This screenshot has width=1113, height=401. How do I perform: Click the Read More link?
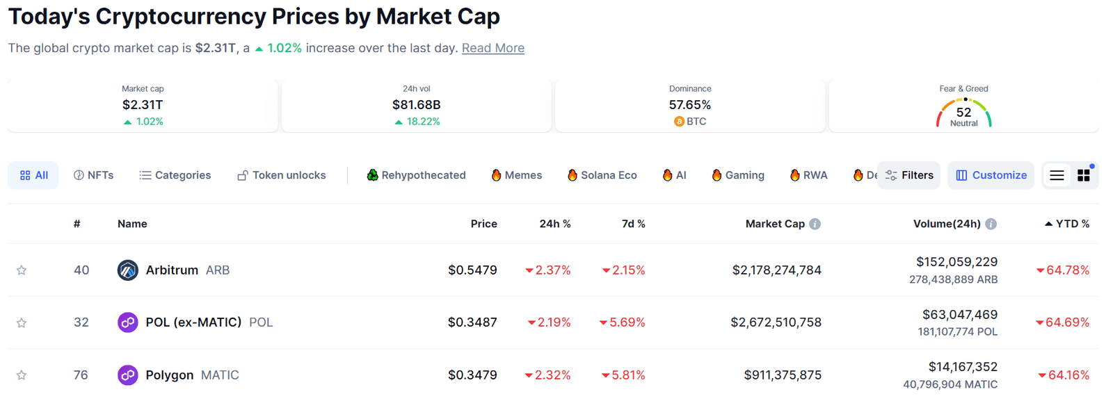493,48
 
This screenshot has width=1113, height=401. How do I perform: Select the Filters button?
909,175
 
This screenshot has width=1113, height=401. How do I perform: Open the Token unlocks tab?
281,175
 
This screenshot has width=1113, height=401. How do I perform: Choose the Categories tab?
175,175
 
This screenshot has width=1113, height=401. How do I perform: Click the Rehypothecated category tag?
416,175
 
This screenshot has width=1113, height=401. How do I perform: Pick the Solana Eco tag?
602,175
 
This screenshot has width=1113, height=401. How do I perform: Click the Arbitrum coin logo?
127,270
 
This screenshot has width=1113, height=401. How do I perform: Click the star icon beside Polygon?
22,375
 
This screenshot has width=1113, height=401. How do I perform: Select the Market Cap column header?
774,224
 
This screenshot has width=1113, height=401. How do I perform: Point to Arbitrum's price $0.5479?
472,270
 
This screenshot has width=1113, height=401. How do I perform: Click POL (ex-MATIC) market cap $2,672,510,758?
776,322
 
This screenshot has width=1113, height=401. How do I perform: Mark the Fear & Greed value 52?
963,112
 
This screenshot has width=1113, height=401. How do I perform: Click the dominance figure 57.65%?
689,105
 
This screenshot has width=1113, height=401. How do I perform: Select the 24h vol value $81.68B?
416,105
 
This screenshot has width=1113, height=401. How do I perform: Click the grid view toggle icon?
1083,175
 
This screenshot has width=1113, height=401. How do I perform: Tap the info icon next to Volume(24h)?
991,224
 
